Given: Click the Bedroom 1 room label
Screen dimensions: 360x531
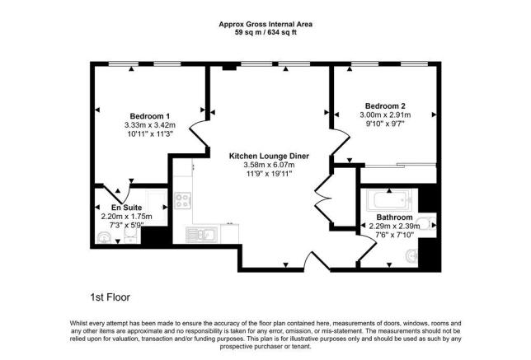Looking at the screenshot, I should [x=149, y=115].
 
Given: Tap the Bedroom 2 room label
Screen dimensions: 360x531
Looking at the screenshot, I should [x=385, y=106].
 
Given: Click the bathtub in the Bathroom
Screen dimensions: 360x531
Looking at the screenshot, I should [x=392, y=200].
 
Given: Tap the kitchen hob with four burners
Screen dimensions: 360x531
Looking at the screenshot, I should [x=183, y=201].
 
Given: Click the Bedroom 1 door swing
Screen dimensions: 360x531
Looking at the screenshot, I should [x=198, y=135].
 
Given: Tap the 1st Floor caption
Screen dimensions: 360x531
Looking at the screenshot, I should [x=110, y=297].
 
